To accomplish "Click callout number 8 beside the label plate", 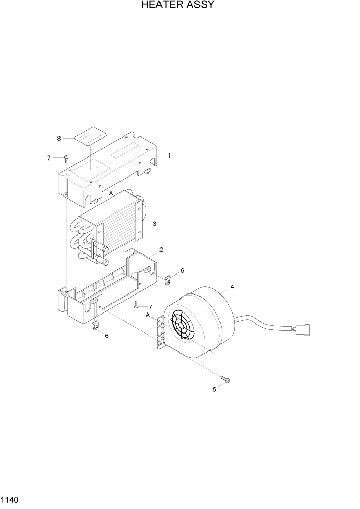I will tap(59, 138).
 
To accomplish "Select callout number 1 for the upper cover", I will tap(169, 155).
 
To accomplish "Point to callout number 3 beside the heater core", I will tap(154, 223).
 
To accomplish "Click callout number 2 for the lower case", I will tap(161, 250).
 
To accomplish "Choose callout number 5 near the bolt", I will tap(215, 389).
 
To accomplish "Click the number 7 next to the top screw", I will tap(49, 158).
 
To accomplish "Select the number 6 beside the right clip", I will tap(182, 270).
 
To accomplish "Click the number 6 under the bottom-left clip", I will tap(106, 336).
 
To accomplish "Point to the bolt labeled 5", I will tap(225, 379).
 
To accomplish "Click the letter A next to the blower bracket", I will tap(148, 315).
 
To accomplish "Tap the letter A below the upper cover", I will tap(111, 193).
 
